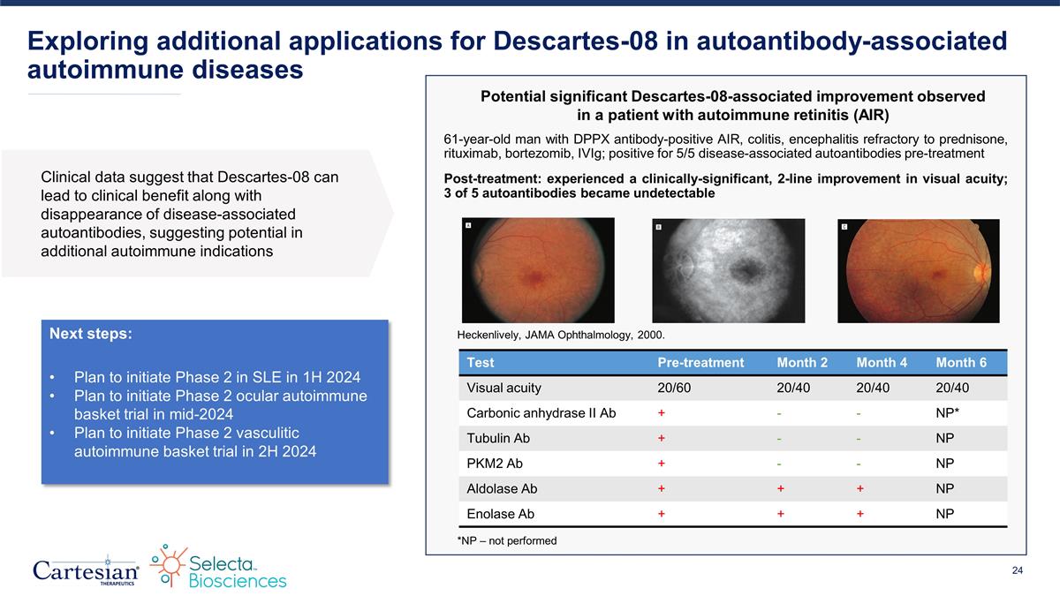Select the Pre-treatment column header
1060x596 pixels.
[x=700, y=363]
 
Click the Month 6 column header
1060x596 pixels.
[x=962, y=363]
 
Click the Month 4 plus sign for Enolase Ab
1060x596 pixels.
[x=859, y=514]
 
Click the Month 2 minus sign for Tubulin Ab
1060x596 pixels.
[x=780, y=438]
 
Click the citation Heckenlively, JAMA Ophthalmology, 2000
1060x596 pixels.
[x=560, y=335]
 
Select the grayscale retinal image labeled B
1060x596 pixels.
[x=728, y=270]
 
